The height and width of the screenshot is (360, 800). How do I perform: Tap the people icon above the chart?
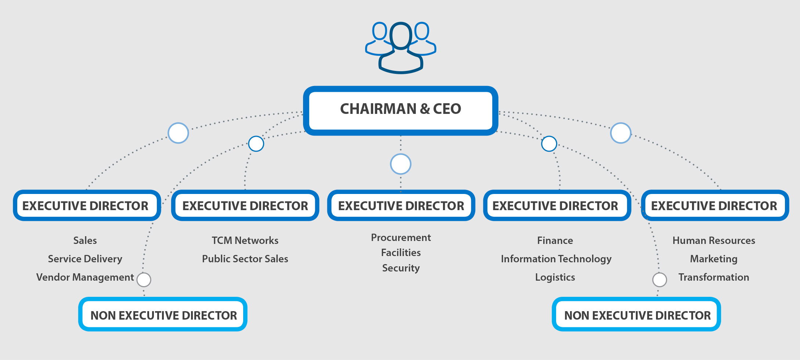401,47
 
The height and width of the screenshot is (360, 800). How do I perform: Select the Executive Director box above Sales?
87,206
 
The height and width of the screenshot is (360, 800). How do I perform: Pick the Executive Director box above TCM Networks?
245,206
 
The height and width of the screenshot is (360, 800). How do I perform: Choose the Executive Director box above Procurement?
401,206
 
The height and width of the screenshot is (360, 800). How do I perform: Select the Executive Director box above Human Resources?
715,206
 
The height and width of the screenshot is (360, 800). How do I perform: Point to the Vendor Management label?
85,277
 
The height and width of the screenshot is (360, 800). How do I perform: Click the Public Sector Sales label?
245,259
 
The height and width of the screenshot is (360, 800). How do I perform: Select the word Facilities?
401,253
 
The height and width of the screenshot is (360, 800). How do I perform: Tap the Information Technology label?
556,259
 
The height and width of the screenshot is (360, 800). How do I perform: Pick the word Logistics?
555,277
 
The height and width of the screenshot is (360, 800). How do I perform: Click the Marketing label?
714,259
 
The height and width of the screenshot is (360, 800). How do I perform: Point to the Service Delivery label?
85,259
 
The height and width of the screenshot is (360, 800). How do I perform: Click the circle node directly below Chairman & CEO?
400,164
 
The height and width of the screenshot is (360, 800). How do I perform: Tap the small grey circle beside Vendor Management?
144,280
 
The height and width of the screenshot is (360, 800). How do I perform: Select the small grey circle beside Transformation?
660,280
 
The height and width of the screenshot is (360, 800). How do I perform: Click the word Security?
401,268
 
